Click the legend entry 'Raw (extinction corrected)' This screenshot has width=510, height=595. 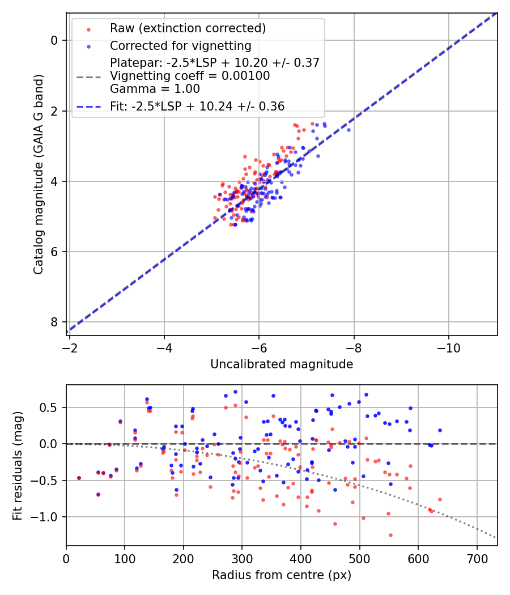coord(188,28)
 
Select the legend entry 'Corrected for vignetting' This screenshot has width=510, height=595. coord(180,45)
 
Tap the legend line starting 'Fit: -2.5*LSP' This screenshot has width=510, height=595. coord(197,106)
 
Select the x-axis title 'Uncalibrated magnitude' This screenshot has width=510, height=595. coord(282,364)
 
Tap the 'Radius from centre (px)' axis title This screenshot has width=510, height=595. coord(282,575)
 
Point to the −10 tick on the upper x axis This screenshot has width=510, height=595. coord(448,345)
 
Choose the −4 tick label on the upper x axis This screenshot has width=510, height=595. coord(164,345)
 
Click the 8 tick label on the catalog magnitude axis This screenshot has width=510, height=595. coord(54,322)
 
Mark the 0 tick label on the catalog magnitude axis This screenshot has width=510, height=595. coord(54,40)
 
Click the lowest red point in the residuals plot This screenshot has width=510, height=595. coord(390,535)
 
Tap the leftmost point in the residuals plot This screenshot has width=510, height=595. coord(79,478)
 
